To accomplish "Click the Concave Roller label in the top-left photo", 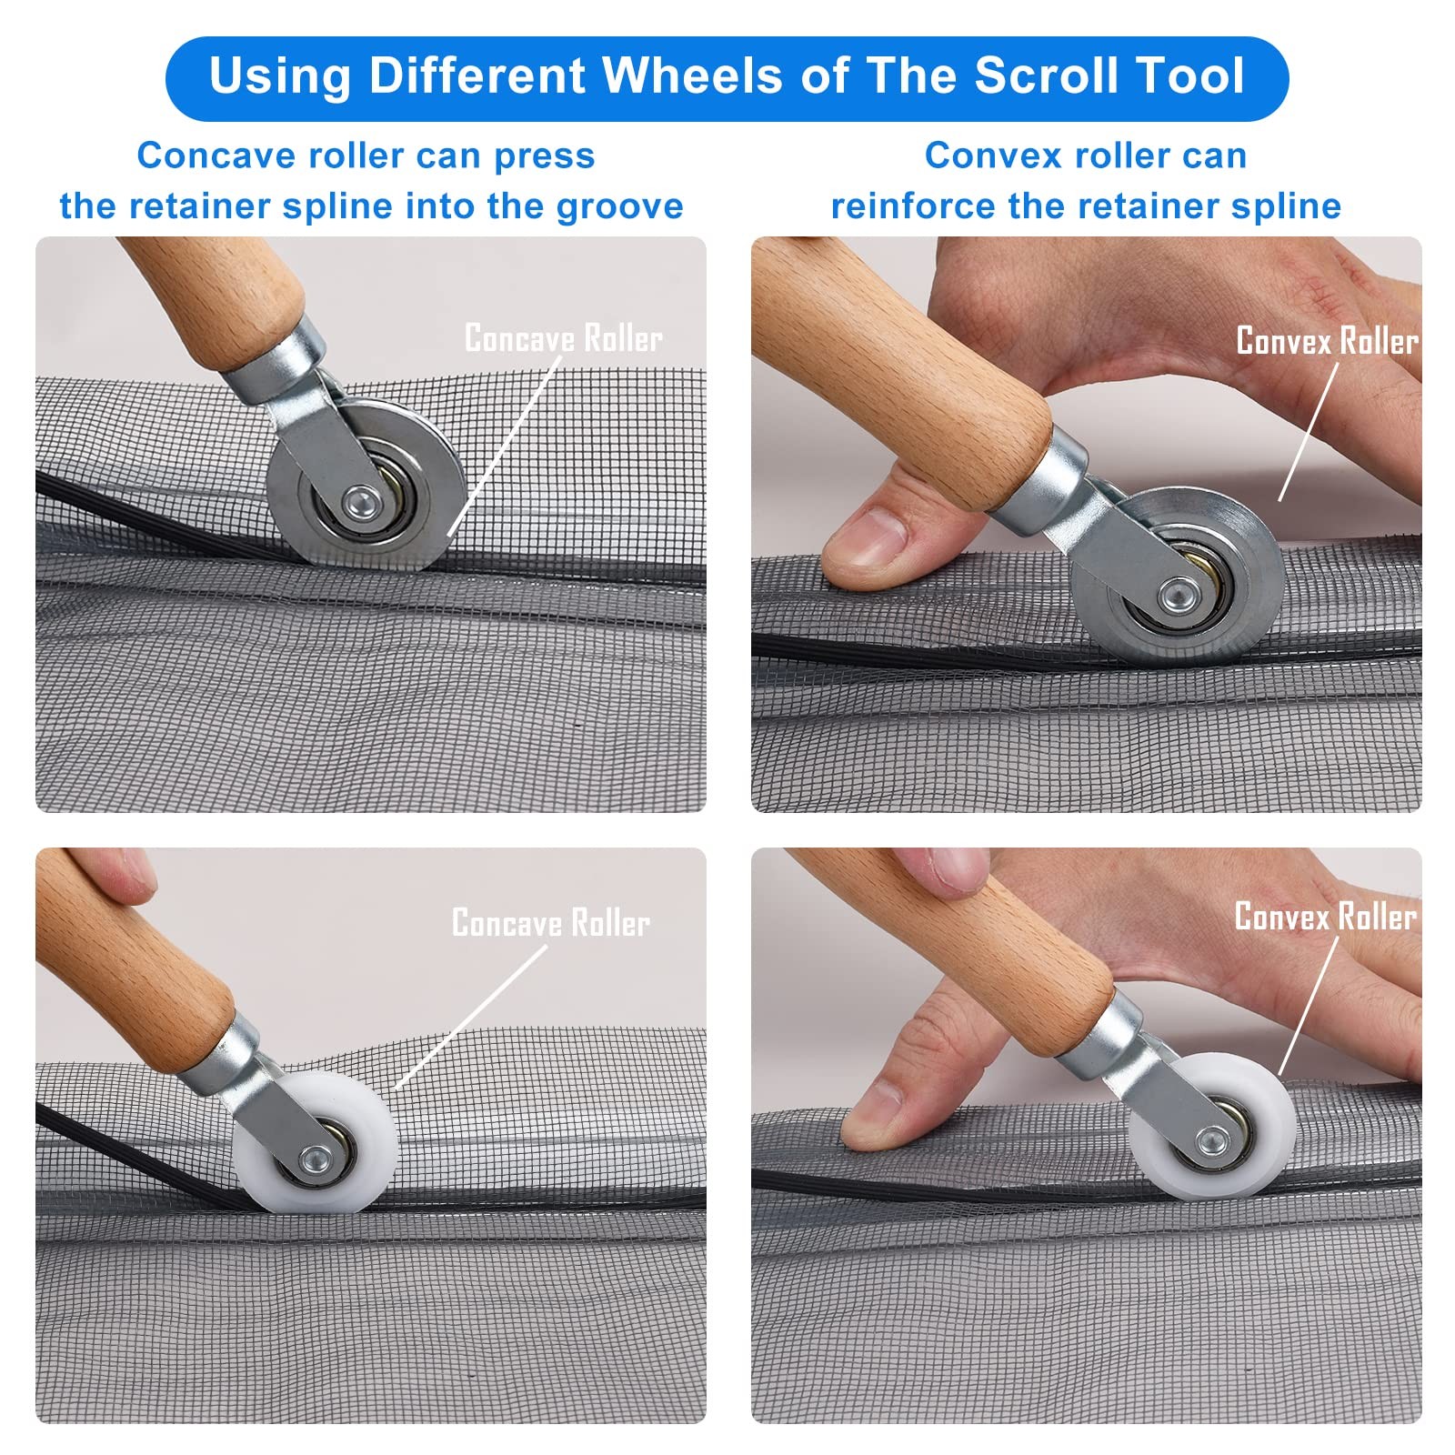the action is [564, 338].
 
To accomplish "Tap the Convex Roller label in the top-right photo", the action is [1328, 341].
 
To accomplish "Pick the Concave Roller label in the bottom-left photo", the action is [551, 923].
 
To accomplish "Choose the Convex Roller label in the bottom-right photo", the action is [1326, 917].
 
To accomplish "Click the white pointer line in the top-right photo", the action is [1309, 432].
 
